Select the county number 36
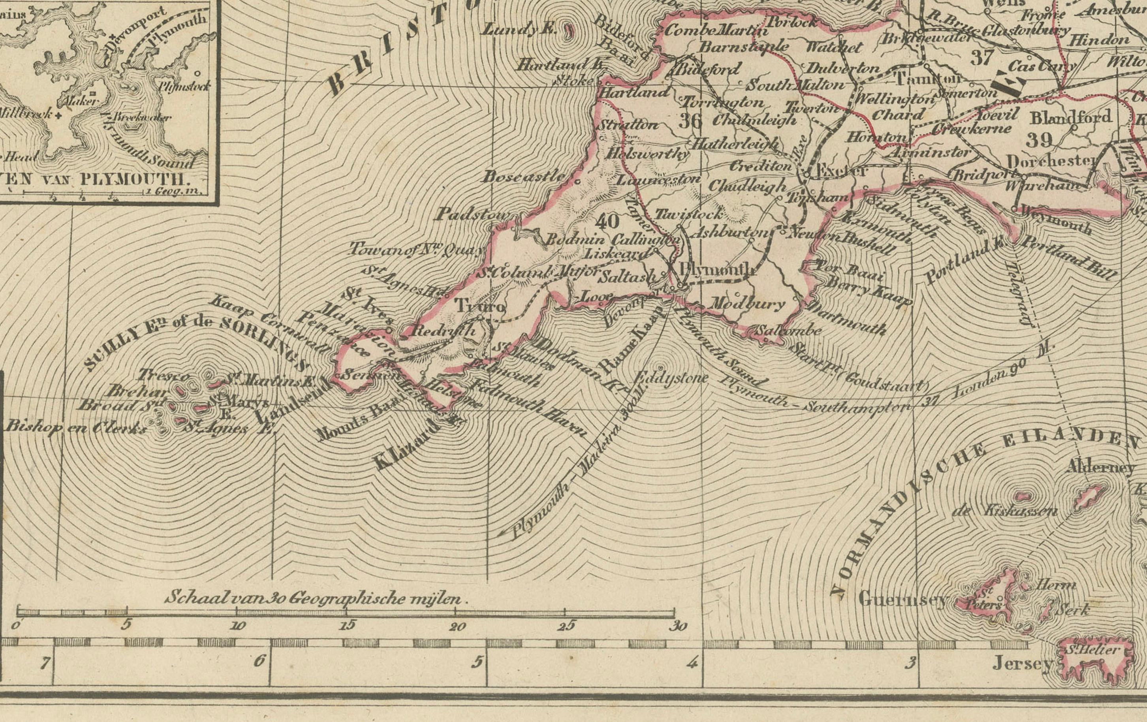(690, 120)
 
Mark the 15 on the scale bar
(348, 625)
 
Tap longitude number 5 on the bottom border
(476, 662)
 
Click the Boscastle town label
(524, 177)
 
